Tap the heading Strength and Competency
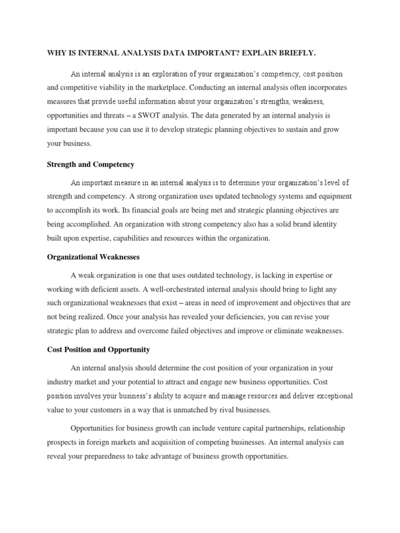pos(91,164)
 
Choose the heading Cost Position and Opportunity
pos(98,349)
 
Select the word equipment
pos(333,196)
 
